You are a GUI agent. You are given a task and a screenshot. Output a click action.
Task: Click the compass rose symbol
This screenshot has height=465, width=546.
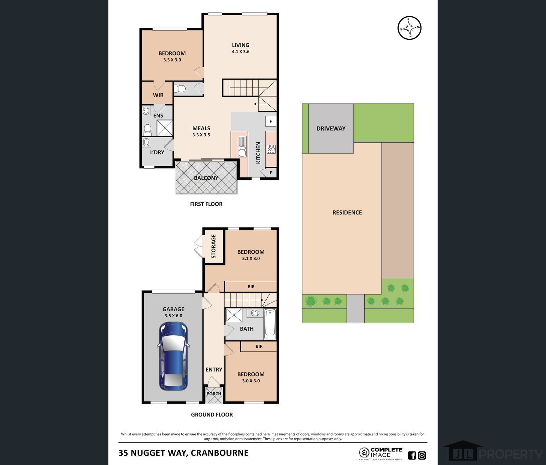pyautogui.click(x=409, y=28)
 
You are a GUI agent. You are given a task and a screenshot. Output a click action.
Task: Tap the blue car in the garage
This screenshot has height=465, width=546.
pyautogui.click(x=173, y=356)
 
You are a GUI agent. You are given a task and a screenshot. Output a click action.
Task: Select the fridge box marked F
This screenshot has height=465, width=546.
pyautogui.click(x=271, y=121)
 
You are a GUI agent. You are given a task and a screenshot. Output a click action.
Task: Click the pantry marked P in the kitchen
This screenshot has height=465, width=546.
pyautogui.click(x=271, y=172)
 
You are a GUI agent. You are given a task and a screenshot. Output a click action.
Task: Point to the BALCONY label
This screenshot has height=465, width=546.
pyautogui.click(x=206, y=178)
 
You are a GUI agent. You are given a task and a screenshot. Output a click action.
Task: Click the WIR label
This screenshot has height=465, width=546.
pyautogui.click(x=158, y=95)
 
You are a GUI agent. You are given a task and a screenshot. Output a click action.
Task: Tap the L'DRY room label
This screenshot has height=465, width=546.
pyautogui.click(x=157, y=152)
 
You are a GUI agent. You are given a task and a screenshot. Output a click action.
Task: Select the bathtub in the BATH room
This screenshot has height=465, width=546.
pyautogui.click(x=270, y=324)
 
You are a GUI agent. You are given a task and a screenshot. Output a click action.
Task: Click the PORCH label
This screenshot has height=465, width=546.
pyautogui.click(x=214, y=394)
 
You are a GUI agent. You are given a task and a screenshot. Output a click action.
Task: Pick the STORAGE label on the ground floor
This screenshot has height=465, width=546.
pyautogui.click(x=213, y=246)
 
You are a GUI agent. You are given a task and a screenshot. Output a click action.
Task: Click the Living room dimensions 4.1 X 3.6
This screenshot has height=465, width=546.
pyautogui.click(x=241, y=52)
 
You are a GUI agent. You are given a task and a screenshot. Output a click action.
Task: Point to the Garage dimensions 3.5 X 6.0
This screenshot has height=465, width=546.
pyautogui.click(x=173, y=316)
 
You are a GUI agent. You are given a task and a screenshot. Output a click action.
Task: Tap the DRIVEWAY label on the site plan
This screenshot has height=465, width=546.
pyautogui.click(x=331, y=128)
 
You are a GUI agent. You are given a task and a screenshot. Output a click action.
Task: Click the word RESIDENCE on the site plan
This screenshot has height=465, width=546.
pyautogui.click(x=347, y=212)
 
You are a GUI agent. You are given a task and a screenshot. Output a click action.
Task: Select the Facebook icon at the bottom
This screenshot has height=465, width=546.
pyautogui.click(x=412, y=455)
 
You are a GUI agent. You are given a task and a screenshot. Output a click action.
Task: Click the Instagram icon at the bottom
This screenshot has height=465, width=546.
pyautogui.click(x=422, y=455)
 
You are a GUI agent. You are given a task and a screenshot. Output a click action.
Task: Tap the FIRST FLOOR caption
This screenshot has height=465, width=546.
pyautogui.click(x=206, y=204)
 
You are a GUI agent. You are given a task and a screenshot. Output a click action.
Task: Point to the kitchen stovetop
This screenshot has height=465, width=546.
pyautogui.click(x=271, y=149)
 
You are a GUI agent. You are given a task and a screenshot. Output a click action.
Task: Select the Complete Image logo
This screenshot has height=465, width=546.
pyautogui.click(x=381, y=454)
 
